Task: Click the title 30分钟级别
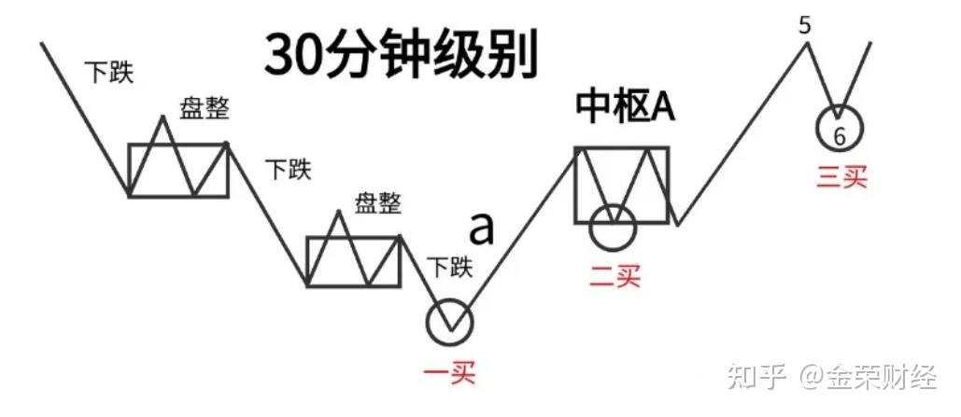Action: (x=401, y=53)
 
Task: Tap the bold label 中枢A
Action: (x=624, y=108)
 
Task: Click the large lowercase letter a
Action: (x=481, y=226)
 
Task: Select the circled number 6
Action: (x=839, y=132)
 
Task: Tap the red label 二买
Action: (x=615, y=275)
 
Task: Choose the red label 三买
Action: (x=841, y=176)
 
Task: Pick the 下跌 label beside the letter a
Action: (x=450, y=268)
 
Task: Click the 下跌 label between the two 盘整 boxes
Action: (x=289, y=170)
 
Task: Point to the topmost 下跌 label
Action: (x=108, y=72)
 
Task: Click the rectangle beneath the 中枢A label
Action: (x=622, y=185)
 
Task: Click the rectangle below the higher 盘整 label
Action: (x=178, y=170)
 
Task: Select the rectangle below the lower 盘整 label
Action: (x=354, y=261)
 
